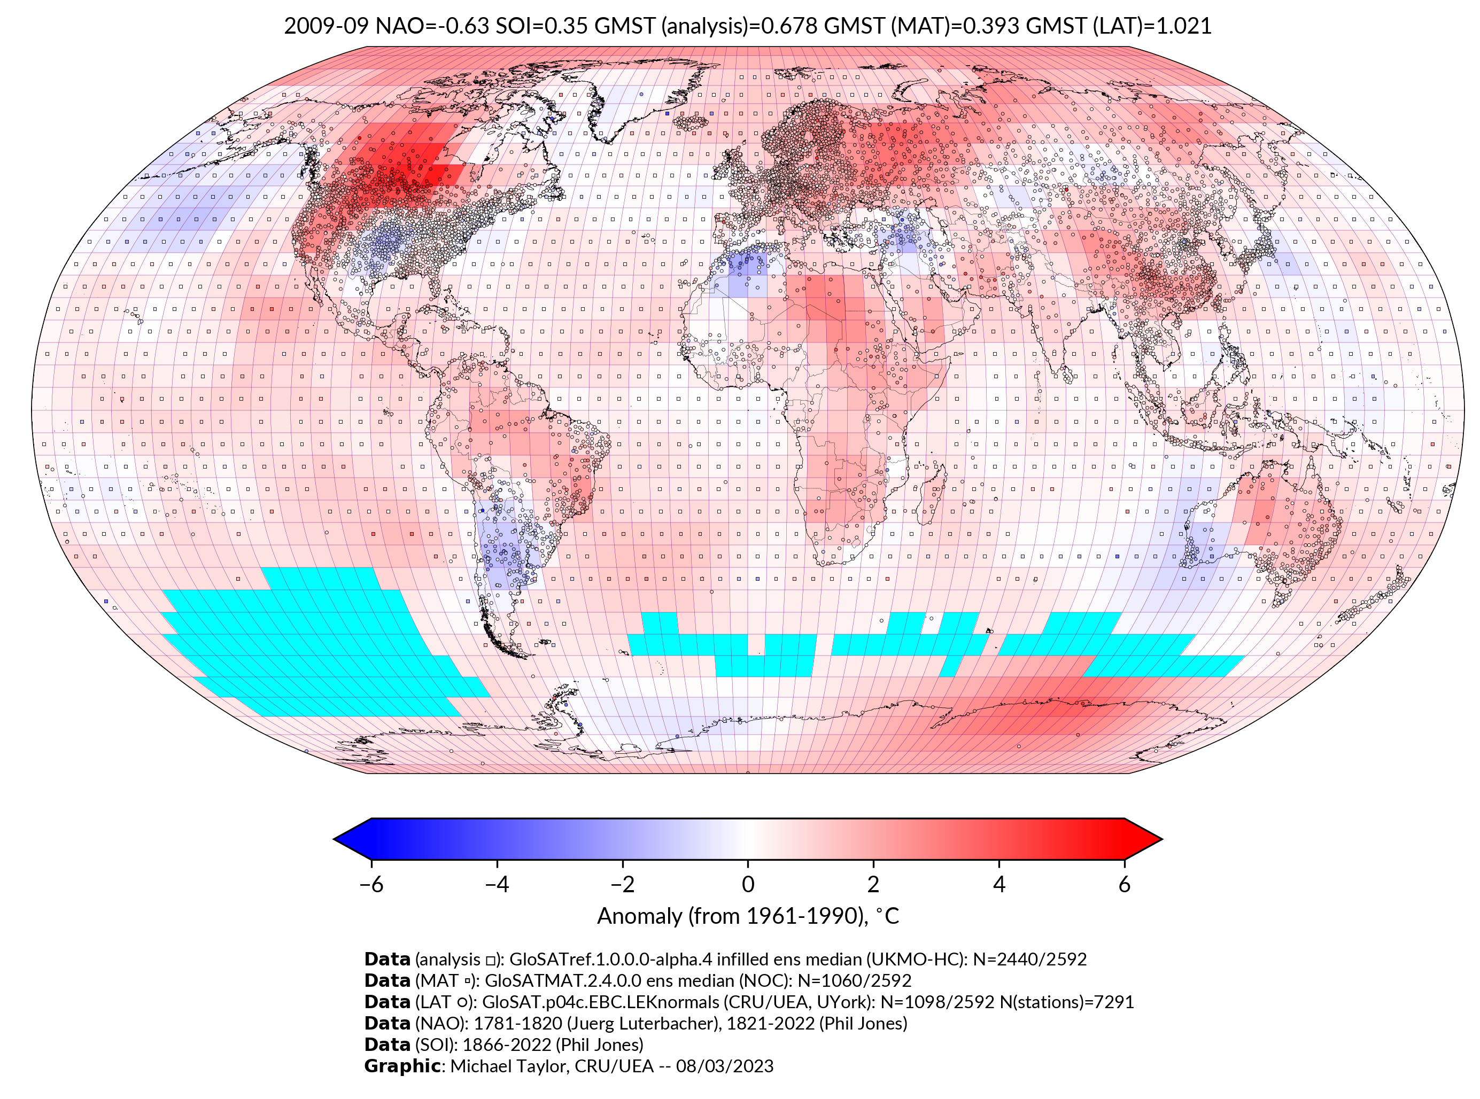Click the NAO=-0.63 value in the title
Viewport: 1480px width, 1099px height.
(x=432, y=26)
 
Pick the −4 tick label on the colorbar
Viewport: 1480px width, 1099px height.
(x=497, y=884)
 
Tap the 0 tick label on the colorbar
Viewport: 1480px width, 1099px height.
(x=748, y=884)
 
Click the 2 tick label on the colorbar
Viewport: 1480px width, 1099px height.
(x=873, y=884)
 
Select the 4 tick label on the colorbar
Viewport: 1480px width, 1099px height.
(x=999, y=884)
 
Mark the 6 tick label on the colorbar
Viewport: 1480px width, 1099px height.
(x=1125, y=884)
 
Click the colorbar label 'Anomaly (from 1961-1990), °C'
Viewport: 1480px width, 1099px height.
(x=748, y=916)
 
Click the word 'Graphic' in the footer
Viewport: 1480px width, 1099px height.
(x=402, y=1066)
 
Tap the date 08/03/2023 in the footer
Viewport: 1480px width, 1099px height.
(x=724, y=1066)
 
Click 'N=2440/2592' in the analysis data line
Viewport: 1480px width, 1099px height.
(x=1029, y=960)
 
